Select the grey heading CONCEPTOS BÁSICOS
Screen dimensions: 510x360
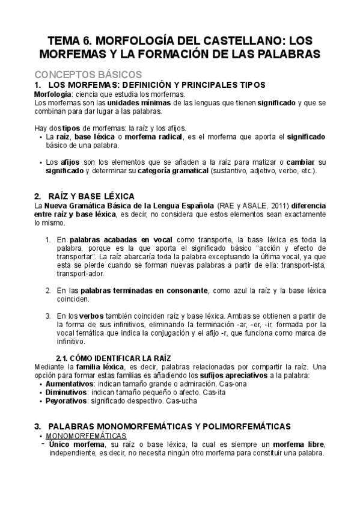(88, 75)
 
